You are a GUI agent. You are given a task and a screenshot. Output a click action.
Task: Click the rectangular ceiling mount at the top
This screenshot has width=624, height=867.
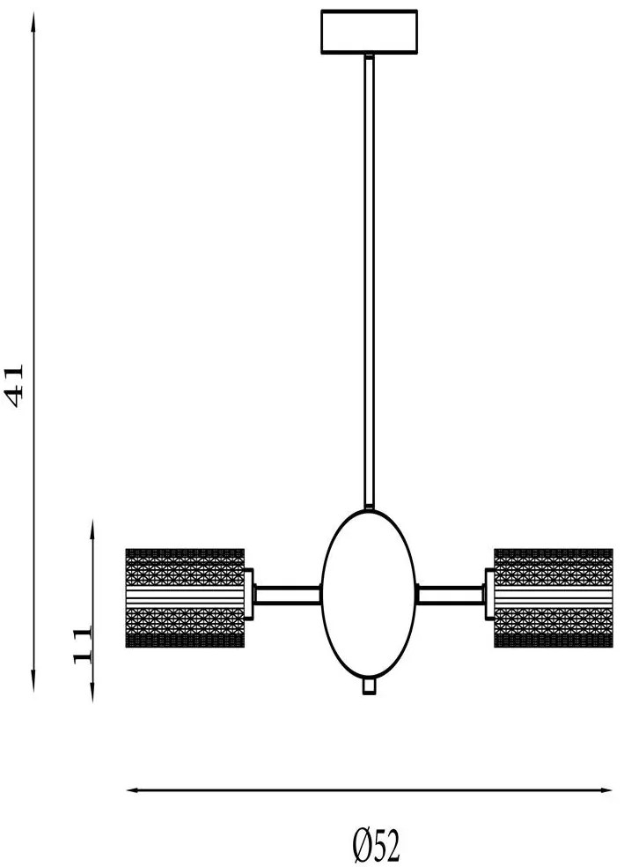coord(369,32)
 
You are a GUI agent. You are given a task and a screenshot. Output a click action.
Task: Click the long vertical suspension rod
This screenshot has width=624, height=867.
coord(369,281)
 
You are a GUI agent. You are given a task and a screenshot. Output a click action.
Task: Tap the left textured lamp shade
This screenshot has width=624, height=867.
coord(185,597)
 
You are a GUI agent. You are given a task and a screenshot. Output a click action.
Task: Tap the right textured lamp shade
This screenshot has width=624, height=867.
coord(554,597)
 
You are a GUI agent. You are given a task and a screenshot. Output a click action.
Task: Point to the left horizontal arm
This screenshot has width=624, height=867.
coord(288,595)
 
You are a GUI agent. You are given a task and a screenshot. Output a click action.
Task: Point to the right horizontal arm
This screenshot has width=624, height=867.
coord(450,595)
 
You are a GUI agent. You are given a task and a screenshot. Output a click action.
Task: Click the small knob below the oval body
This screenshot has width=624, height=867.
coord(369,686)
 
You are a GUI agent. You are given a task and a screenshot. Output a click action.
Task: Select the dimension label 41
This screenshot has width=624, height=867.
coord(14,385)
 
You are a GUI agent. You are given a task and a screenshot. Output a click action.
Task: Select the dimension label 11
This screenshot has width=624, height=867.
coord(82,645)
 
